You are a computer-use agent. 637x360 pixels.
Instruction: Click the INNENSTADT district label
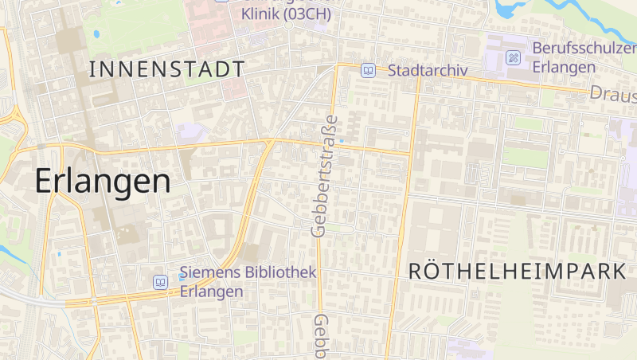(166, 68)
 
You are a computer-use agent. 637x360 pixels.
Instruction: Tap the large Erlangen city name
(103, 182)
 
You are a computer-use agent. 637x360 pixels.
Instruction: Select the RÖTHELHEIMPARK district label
(518, 271)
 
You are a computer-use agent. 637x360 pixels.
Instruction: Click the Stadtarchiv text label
(427, 71)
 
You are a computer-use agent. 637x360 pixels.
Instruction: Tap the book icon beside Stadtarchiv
(368, 70)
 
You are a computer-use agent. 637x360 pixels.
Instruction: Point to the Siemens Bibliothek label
(248, 273)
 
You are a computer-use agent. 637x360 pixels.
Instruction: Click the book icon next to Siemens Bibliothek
(161, 282)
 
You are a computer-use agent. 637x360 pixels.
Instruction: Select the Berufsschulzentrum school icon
(514, 57)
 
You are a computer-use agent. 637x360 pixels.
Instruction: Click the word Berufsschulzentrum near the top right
(584, 48)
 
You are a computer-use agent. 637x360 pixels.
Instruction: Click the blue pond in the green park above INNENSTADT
(96, 34)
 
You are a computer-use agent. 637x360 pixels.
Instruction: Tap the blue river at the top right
(510, 10)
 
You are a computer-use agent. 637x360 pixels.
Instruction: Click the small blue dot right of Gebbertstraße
(342, 141)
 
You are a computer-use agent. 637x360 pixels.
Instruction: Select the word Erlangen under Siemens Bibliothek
(211, 292)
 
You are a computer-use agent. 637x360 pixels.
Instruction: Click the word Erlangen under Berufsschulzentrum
(564, 67)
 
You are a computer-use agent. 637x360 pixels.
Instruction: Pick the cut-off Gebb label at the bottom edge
(321, 335)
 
